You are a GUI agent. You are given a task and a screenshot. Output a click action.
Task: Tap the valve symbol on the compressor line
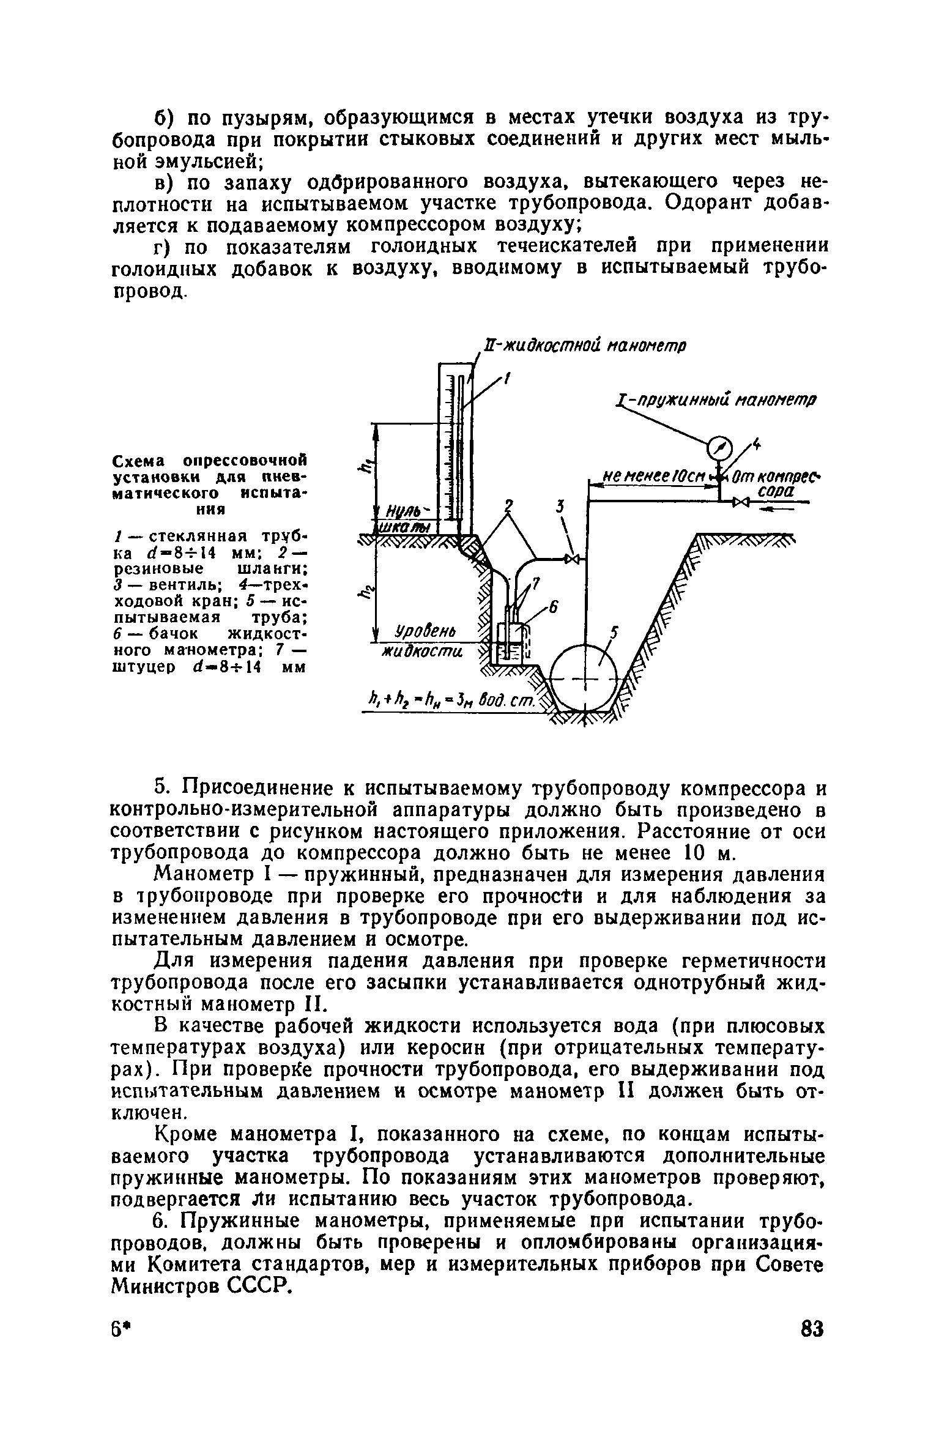click(742, 502)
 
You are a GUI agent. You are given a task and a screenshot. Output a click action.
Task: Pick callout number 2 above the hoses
click(507, 505)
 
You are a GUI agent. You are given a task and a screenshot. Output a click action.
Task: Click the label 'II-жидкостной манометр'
click(584, 346)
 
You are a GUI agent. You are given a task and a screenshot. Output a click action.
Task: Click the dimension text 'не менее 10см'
click(650, 476)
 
